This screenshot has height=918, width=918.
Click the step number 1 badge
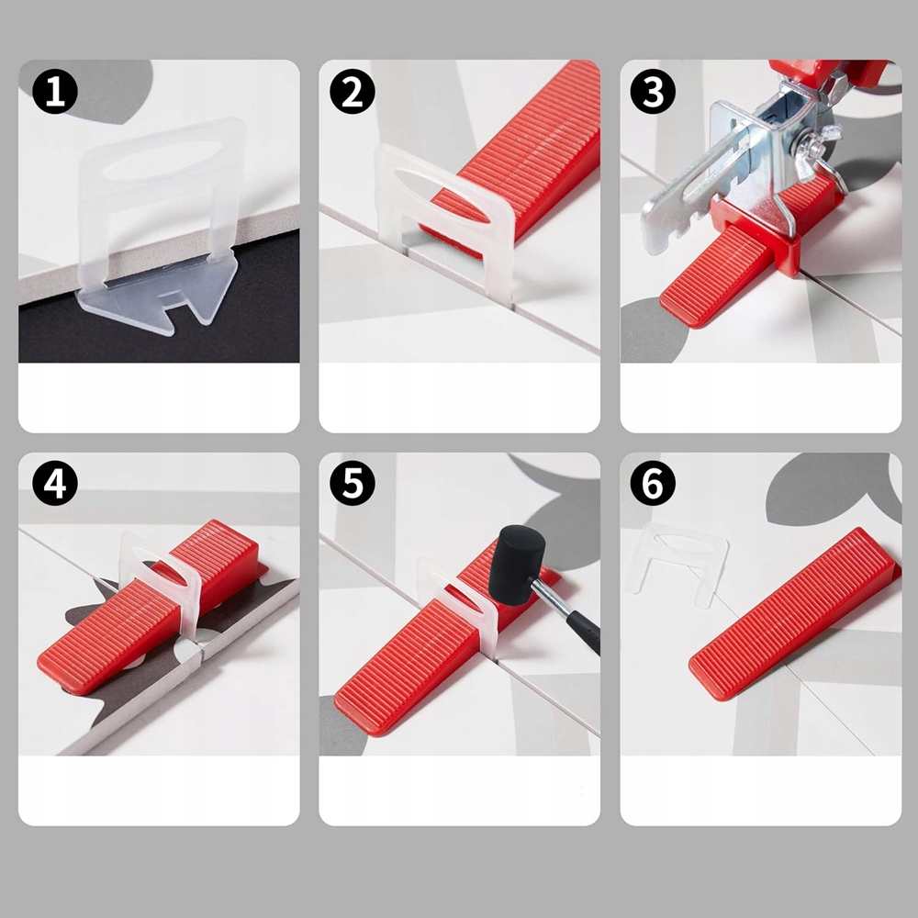pyautogui.click(x=55, y=91)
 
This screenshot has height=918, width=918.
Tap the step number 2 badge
pyautogui.click(x=353, y=91)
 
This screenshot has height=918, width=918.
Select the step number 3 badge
pyautogui.click(x=653, y=91)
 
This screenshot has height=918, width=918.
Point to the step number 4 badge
pyautogui.click(x=55, y=483)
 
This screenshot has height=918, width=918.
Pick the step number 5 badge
pyautogui.click(x=353, y=483)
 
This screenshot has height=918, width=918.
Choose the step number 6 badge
pyautogui.click(x=653, y=483)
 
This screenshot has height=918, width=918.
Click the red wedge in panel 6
pyautogui.click(x=793, y=613)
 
